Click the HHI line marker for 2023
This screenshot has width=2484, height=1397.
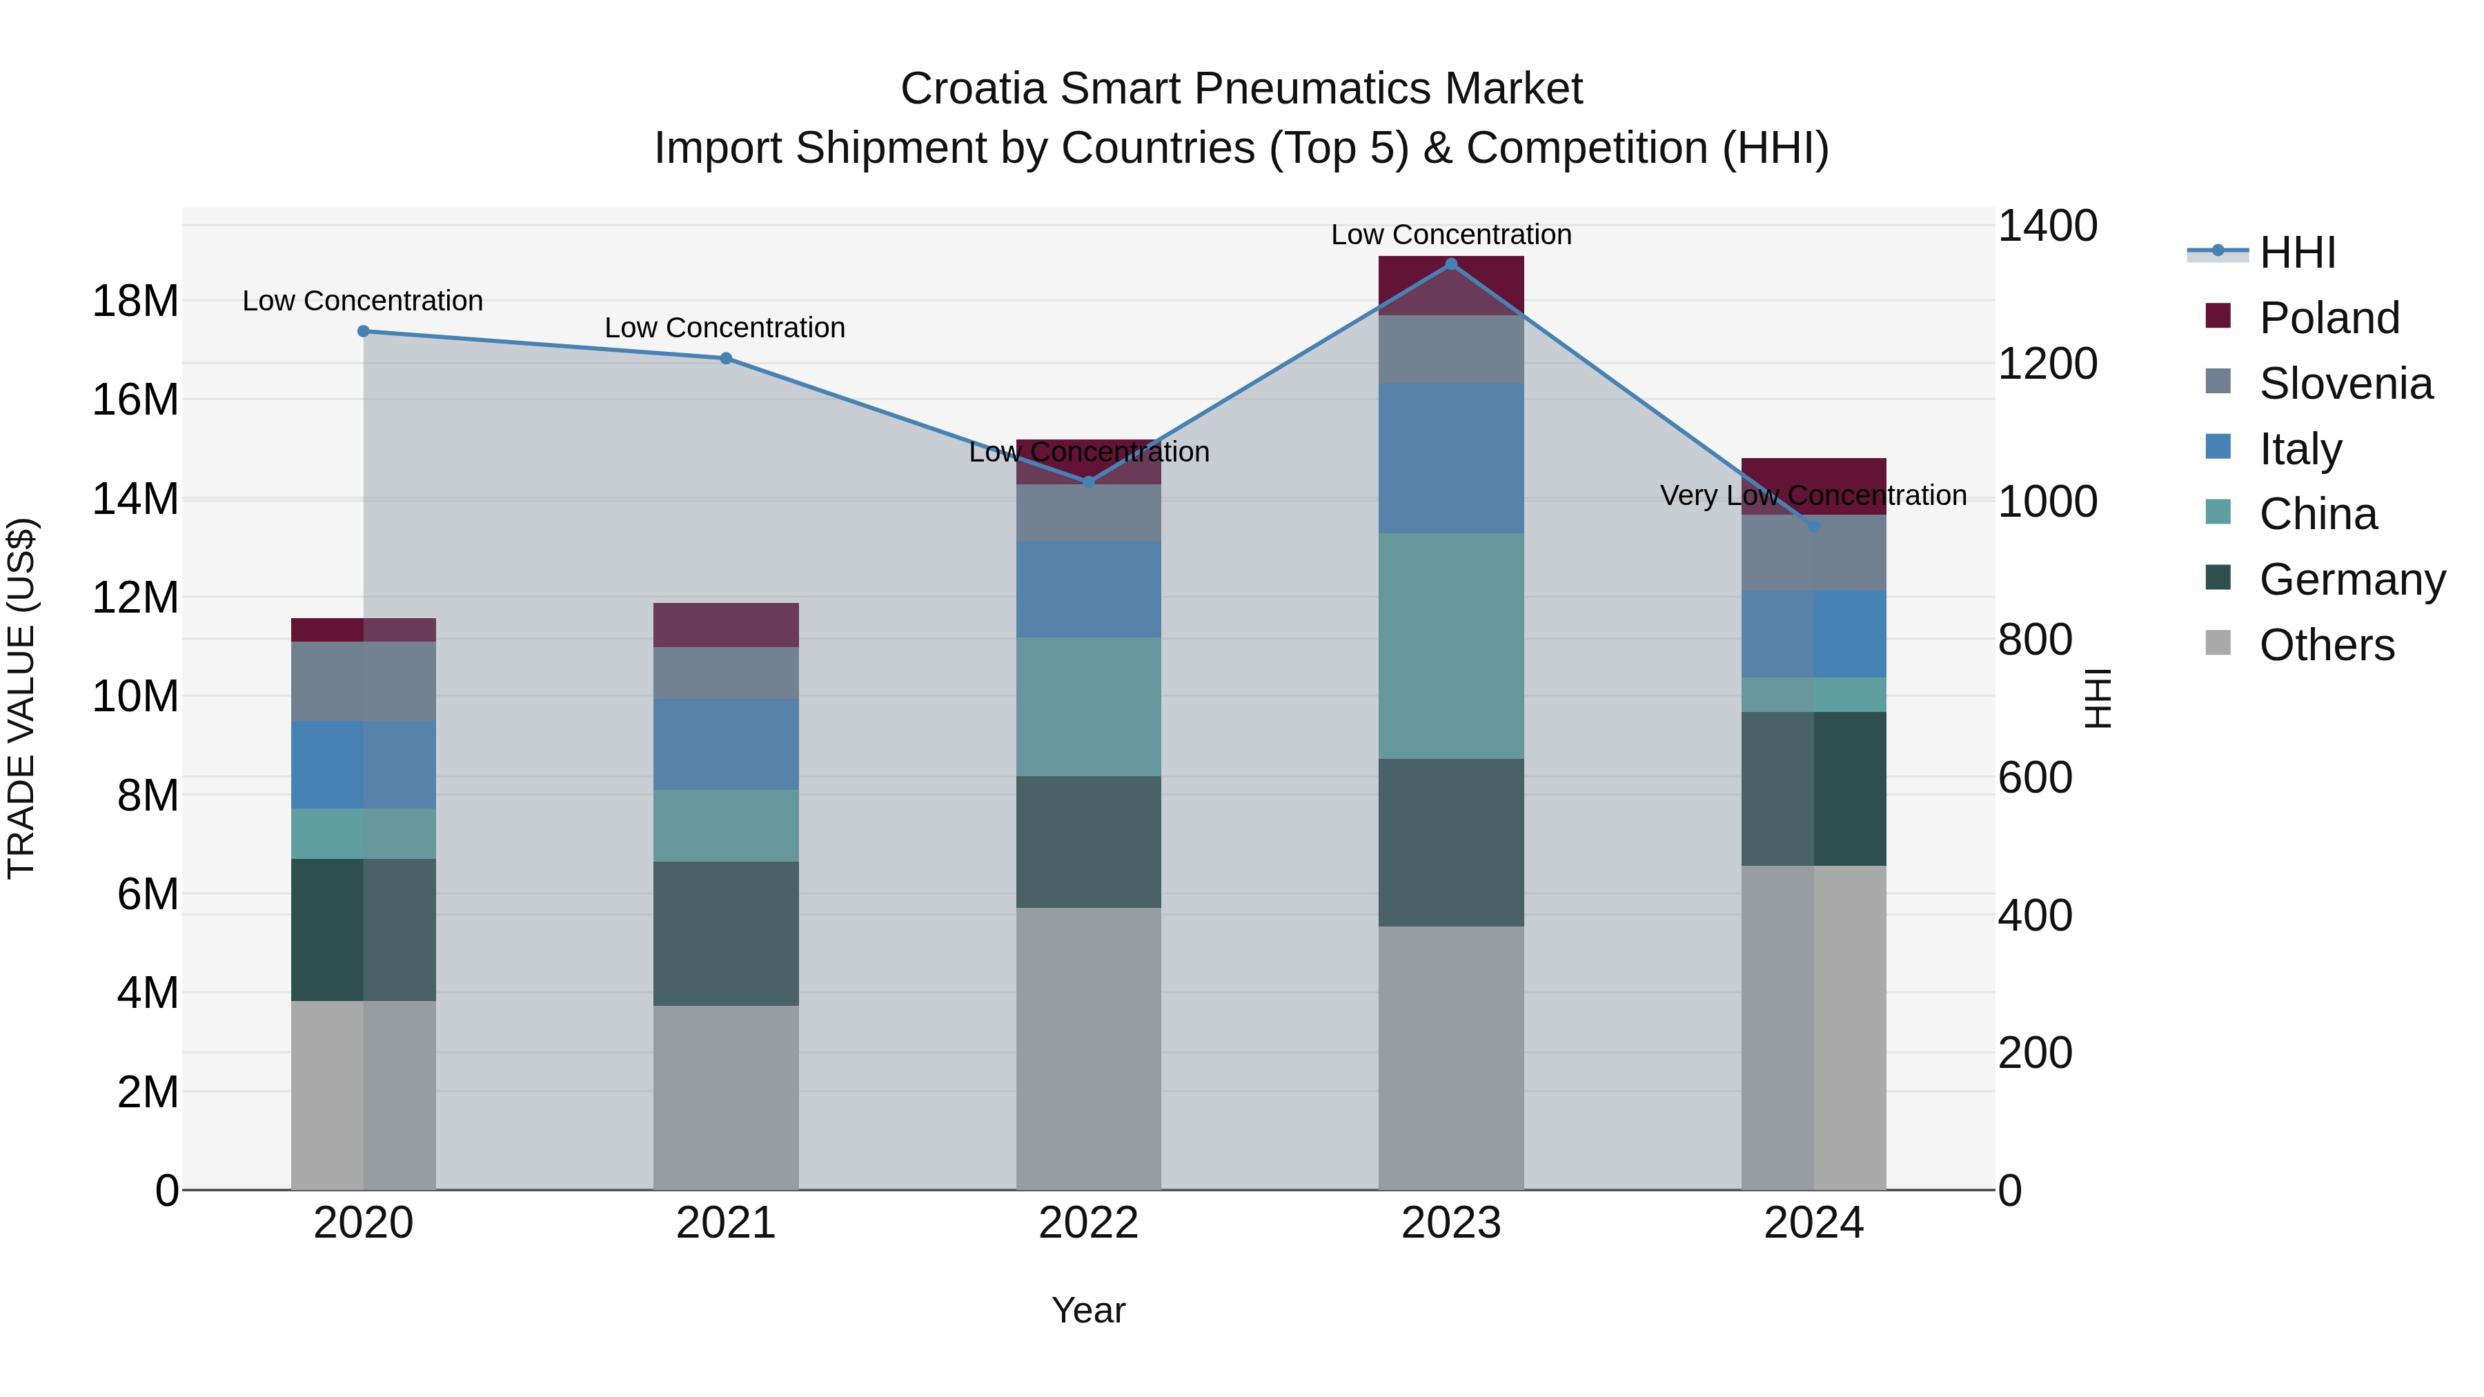pyautogui.click(x=1450, y=264)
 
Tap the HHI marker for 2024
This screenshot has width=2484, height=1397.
pyautogui.click(x=1813, y=526)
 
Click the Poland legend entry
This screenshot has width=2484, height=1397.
pyautogui.click(x=2328, y=318)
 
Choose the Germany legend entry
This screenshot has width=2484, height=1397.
pyautogui.click(x=2351, y=579)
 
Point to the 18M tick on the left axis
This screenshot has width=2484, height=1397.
pyautogui.click(x=135, y=301)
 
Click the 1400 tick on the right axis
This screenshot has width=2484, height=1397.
pyautogui.click(x=2047, y=226)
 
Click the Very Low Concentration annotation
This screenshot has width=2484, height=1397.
pyautogui.click(x=1813, y=495)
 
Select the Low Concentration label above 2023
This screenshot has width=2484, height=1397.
pyautogui.click(x=1450, y=235)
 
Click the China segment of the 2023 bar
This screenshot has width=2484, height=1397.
pyautogui.click(x=1450, y=646)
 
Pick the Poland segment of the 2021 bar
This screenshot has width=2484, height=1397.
pyautogui.click(x=725, y=625)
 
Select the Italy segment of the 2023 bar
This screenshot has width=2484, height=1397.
pyautogui.click(x=1450, y=458)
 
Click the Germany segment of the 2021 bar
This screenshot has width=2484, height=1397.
pyautogui.click(x=725, y=933)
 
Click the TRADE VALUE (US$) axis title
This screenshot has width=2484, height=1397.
pyautogui.click(x=21, y=698)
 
